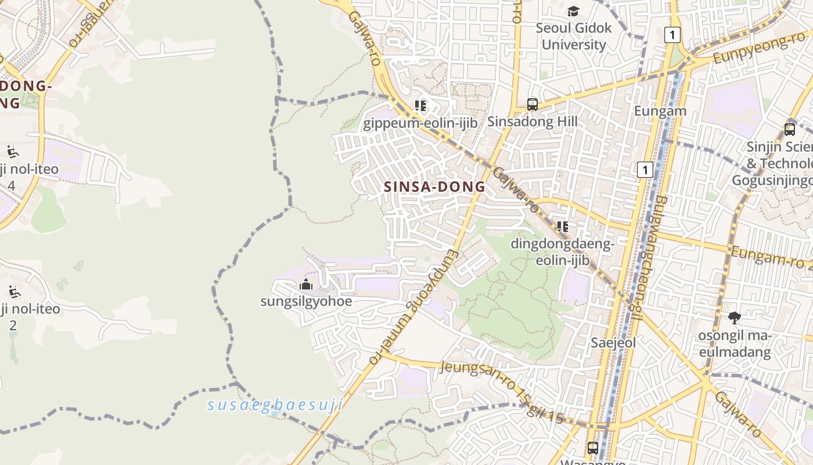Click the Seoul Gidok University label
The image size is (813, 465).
point(573,36)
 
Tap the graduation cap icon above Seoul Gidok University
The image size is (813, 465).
point(573,11)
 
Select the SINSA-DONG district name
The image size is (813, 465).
point(435,187)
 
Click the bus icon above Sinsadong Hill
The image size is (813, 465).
point(532,105)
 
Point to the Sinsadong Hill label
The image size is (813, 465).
point(533,121)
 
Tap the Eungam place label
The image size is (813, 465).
point(660,111)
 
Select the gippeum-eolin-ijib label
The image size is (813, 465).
point(420,123)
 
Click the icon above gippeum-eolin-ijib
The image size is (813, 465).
point(420,106)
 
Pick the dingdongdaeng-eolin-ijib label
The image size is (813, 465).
point(562,252)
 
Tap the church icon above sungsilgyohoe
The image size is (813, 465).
point(305,284)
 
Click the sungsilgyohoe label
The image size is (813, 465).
point(305,302)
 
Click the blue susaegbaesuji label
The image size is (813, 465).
point(275,405)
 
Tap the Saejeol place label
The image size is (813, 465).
point(613,342)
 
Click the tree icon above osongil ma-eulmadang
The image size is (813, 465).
point(735,318)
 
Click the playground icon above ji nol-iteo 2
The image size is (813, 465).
point(14,291)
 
